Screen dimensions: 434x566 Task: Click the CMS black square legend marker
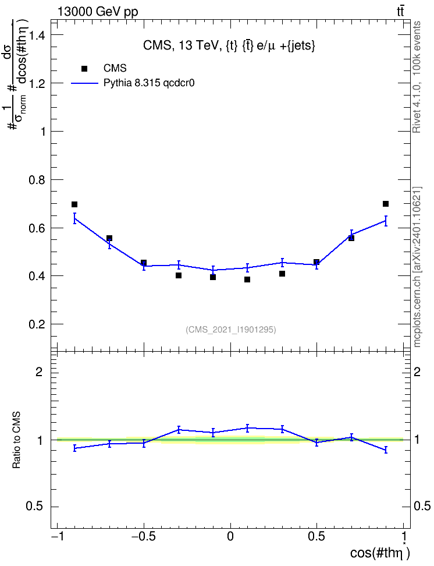84,69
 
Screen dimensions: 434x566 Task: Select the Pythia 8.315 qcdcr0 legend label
149,83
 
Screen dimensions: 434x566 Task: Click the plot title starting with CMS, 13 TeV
229,46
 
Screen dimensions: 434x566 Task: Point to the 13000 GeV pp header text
97,12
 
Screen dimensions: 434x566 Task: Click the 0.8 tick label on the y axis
37,180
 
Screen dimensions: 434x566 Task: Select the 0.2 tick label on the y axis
37,324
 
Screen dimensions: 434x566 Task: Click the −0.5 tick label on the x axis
144,536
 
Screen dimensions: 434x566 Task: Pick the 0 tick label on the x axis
230,536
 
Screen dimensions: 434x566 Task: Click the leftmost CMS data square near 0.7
74,204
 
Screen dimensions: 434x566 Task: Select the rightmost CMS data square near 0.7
386,204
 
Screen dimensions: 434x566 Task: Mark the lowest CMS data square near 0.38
247,280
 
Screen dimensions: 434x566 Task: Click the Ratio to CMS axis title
16,440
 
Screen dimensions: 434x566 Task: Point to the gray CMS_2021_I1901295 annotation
231,330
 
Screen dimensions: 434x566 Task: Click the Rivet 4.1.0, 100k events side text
417,77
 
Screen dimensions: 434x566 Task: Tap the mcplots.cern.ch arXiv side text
417,267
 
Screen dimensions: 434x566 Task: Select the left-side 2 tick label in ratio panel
39,372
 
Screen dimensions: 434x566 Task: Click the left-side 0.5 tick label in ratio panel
35,507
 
